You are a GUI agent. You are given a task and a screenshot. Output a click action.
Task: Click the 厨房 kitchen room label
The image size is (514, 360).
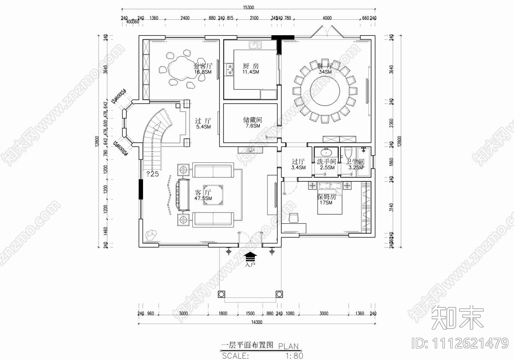(251, 66)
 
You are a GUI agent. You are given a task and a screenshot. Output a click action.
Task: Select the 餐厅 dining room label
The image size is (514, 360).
(325, 66)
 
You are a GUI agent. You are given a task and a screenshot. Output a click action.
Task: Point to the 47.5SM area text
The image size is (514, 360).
(203, 198)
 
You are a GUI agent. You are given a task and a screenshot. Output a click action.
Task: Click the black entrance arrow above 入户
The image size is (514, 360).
(250, 256)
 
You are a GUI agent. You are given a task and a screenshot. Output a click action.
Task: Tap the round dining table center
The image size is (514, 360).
(324, 91)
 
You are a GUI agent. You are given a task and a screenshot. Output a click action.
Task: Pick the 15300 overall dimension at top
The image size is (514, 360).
(248, 7)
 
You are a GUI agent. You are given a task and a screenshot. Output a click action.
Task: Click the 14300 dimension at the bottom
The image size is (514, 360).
(257, 322)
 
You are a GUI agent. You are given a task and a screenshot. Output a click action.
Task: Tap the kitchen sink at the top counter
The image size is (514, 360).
(255, 44)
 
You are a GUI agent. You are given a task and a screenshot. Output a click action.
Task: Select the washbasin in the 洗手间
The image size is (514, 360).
(326, 152)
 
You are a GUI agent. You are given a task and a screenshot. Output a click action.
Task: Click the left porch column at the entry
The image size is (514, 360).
(221, 294)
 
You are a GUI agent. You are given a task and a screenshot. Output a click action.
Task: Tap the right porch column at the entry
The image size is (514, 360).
(279, 294)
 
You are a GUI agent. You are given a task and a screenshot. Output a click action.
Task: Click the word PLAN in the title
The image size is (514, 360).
(288, 346)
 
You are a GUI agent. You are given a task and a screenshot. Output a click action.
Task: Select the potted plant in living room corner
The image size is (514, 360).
(150, 234)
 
